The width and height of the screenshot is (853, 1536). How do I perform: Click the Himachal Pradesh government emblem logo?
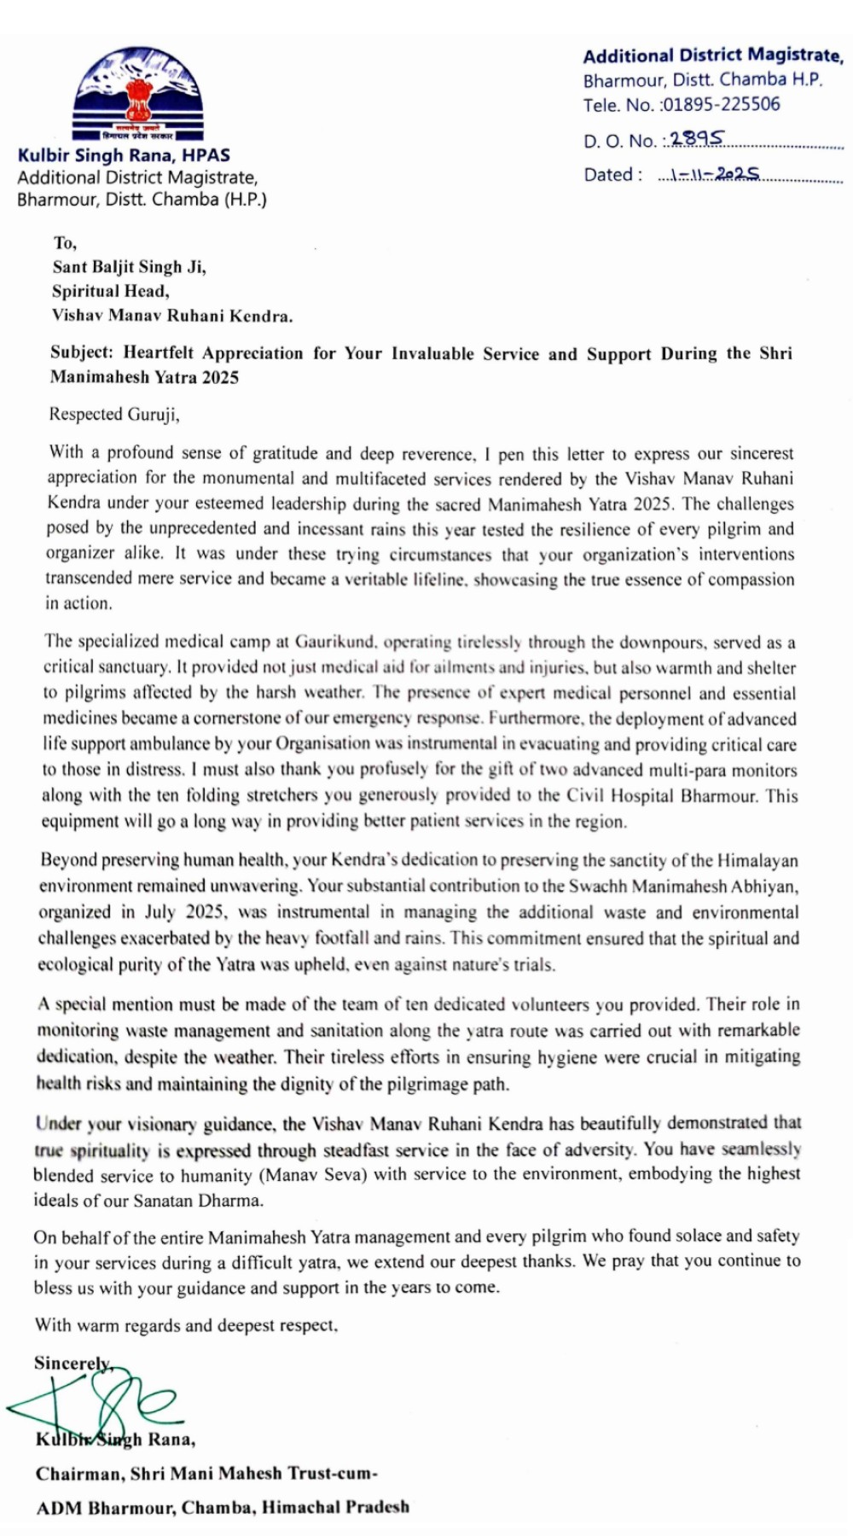(x=136, y=94)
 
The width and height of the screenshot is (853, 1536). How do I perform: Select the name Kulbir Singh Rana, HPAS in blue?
(x=124, y=155)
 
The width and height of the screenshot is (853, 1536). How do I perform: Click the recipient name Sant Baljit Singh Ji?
(x=129, y=267)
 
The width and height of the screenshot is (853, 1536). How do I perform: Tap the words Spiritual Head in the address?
(x=111, y=291)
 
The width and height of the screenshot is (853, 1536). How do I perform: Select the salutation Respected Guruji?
(x=113, y=415)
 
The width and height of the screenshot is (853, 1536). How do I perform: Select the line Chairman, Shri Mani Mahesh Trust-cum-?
(x=206, y=1473)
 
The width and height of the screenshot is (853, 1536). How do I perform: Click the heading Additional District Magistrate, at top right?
(x=713, y=56)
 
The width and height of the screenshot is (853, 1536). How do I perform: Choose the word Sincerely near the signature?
(x=73, y=1364)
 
